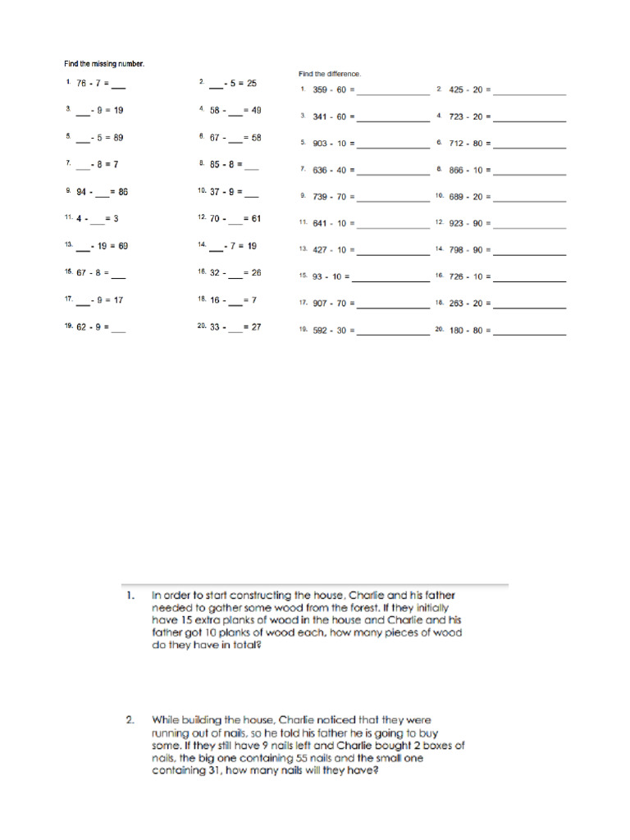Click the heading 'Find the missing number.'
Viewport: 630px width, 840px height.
94,63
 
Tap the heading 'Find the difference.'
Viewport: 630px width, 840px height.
329,74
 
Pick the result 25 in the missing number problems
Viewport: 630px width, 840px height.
251,83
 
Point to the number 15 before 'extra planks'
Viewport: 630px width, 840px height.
185,620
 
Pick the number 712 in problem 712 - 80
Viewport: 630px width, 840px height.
456,143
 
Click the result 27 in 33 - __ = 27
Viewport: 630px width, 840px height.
255,326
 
